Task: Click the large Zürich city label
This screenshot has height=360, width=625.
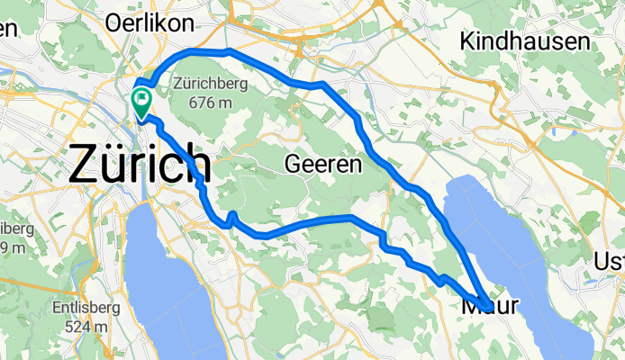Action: tap(140, 165)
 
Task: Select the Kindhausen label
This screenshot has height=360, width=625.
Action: tap(525, 40)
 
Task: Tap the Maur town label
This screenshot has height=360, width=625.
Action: tap(491, 306)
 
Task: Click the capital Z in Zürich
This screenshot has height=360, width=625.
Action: tap(87, 165)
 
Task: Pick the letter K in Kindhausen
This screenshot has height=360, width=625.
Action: tap(466, 40)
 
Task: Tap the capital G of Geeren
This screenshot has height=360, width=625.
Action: tap(292, 165)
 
